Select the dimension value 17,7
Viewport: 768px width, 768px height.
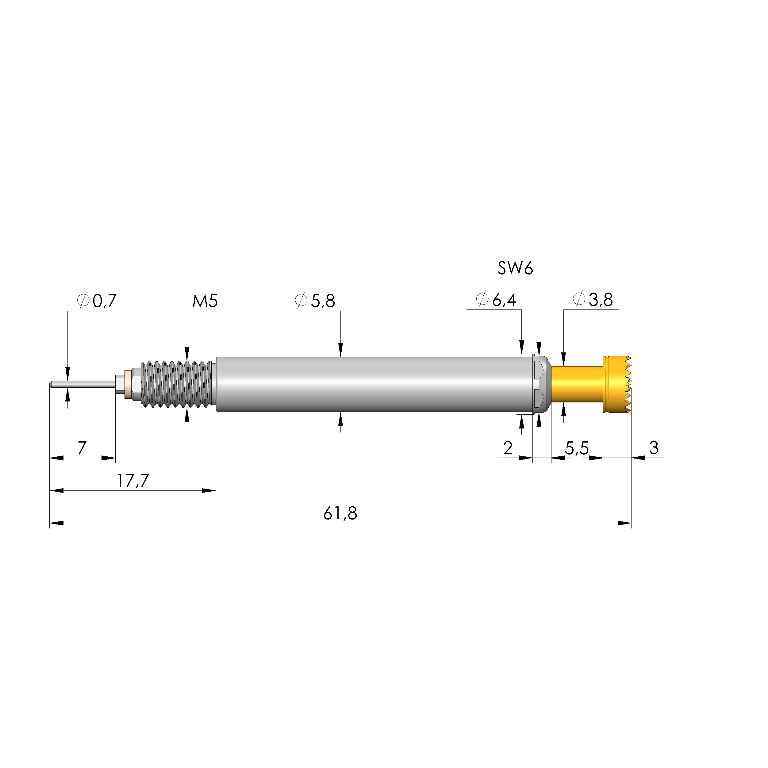point(132,481)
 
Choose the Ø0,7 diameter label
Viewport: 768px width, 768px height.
point(97,301)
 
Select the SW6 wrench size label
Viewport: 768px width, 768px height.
point(515,268)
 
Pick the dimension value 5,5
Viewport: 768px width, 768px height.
point(577,448)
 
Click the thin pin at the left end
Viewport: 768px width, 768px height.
point(82,384)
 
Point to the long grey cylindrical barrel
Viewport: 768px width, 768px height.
point(374,384)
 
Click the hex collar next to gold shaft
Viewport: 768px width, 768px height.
point(541,384)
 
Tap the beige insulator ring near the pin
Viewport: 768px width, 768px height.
point(128,384)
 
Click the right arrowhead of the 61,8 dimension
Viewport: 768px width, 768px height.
point(625,523)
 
